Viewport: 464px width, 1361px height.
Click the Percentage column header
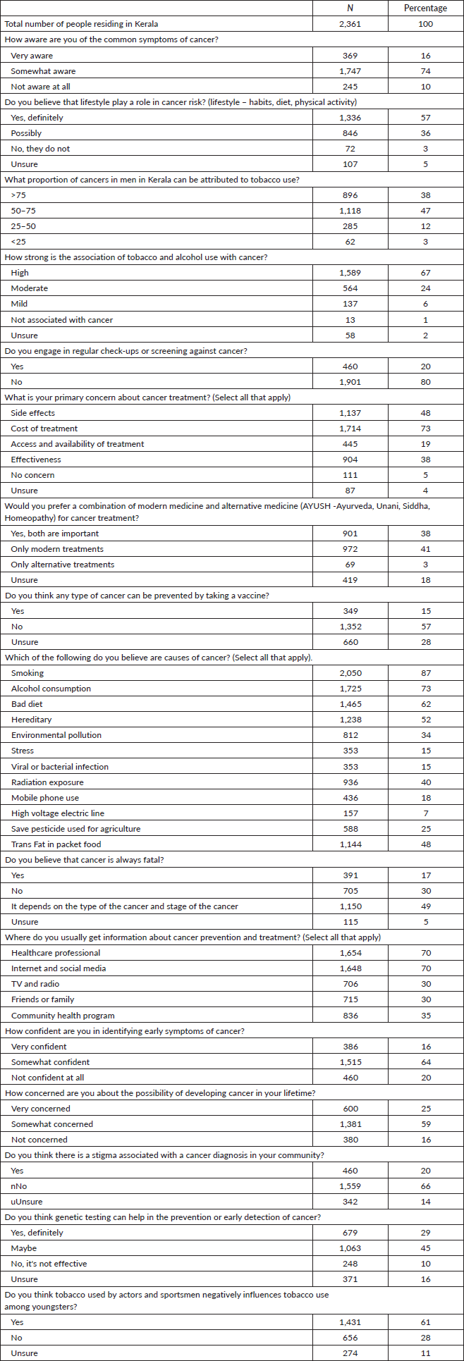pyautogui.click(x=425, y=8)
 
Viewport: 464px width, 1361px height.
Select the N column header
pyautogui.click(x=350, y=8)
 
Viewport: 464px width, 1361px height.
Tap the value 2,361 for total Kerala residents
pyautogui.click(x=350, y=24)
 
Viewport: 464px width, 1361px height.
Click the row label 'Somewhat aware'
pyautogui.click(x=43, y=71)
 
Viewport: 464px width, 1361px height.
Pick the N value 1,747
pyautogui.click(x=350, y=71)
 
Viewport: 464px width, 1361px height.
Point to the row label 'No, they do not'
pyautogui.click(x=40, y=149)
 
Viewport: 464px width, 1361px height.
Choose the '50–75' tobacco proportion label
pyautogui.click(x=23, y=211)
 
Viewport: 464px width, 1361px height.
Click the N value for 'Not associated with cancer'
pyautogui.click(x=350, y=320)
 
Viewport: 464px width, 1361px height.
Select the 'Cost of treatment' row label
pyautogui.click(x=44, y=429)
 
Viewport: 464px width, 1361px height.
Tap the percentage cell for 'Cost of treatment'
pyautogui.click(x=425, y=429)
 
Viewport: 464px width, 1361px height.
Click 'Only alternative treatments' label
pyautogui.click(x=62, y=565)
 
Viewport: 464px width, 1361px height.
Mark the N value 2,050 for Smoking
pyautogui.click(x=350, y=673)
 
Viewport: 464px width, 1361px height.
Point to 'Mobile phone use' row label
pyautogui.click(x=45, y=798)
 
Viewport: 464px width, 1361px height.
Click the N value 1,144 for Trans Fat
pyautogui.click(x=350, y=844)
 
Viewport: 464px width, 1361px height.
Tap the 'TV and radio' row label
pyautogui.click(x=35, y=984)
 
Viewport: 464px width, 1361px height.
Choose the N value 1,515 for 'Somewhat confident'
pyautogui.click(x=350, y=1062)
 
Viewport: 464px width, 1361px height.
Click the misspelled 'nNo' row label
pyautogui.click(x=19, y=1186)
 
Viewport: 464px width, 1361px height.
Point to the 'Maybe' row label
pyautogui.click(x=24, y=1248)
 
